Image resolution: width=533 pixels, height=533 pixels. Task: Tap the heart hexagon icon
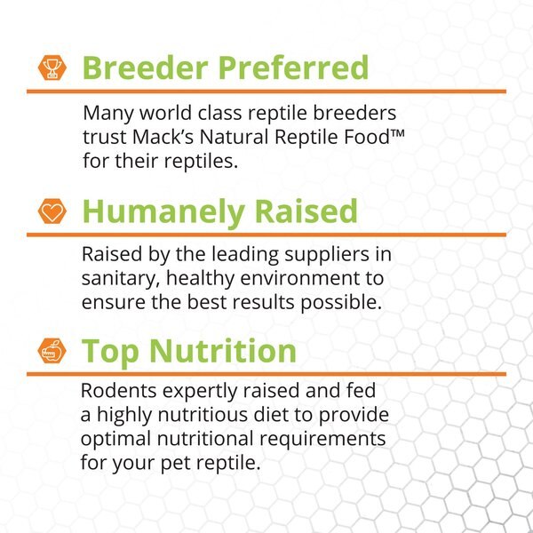point(51,211)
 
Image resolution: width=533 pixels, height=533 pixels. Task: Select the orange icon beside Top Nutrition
point(51,351)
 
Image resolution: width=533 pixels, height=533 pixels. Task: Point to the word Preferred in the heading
point(286,68)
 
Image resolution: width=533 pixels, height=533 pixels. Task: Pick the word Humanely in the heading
point(157,211)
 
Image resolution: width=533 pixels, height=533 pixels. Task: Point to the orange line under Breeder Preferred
point(266,91)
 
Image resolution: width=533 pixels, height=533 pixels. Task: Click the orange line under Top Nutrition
point(266,374)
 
